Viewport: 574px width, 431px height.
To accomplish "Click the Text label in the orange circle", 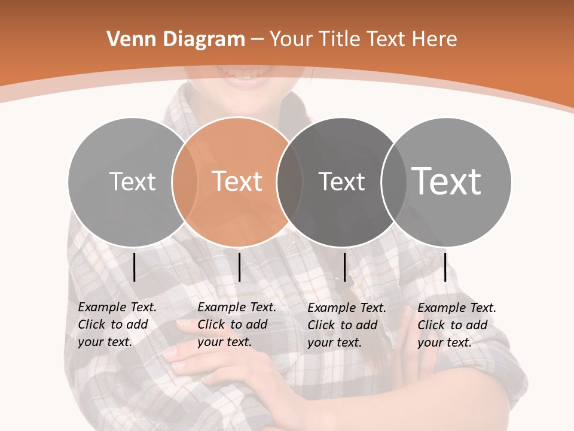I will coord(237,181).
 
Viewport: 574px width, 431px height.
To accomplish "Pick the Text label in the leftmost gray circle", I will coord(132,181).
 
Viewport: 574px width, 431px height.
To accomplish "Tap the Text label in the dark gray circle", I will coord(341,181).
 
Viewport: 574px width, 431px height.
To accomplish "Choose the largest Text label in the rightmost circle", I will coord(447,181).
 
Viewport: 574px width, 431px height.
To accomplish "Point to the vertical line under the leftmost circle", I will coord(134,267).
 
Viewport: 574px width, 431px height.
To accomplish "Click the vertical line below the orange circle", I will coord(239,267).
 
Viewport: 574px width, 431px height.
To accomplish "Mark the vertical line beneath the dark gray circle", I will coord(344,267).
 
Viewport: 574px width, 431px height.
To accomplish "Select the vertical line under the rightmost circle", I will coord(445,267).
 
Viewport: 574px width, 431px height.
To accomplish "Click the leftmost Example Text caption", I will coord(117,324).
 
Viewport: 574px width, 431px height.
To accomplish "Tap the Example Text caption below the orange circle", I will coord(237,324).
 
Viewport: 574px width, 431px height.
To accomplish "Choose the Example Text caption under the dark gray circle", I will coord(347,324).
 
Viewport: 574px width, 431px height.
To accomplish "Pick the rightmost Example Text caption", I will coord(457,324).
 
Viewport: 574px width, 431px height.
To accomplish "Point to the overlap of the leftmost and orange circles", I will coord(185,181).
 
